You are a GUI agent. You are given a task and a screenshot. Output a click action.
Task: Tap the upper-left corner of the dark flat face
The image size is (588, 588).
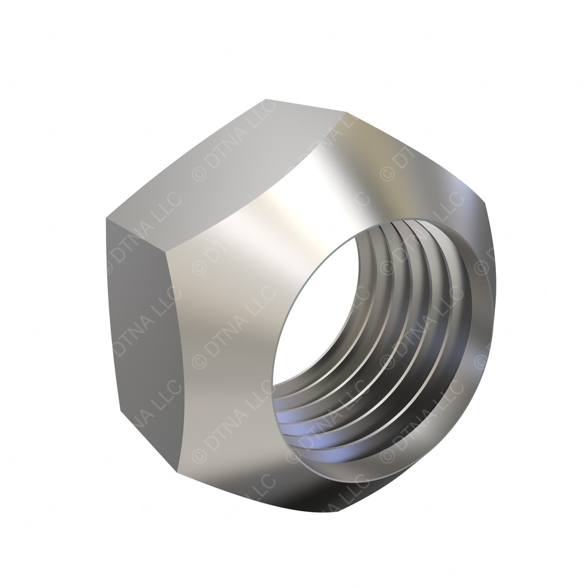(107, 219)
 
